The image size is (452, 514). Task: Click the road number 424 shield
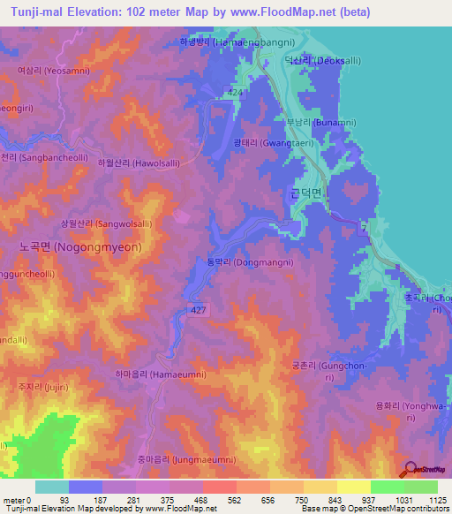point(234,91)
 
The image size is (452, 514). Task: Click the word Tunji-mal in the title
point(33,11)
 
